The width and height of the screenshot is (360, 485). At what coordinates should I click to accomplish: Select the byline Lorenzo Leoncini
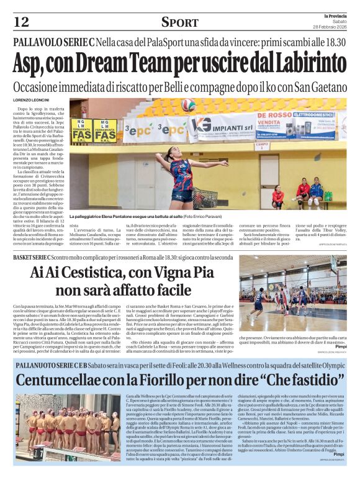point(31,100)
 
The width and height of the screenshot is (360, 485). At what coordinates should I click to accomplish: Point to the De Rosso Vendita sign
point(272,120)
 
